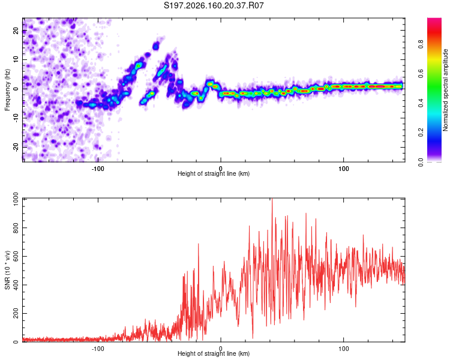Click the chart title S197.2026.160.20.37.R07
214,5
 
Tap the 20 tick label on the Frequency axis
16,30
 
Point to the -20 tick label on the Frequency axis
16,147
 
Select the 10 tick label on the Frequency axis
16,59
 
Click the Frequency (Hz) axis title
7,90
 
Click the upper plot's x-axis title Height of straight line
214,173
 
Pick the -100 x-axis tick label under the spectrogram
98,169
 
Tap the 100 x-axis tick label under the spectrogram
344,169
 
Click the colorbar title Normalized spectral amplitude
445,90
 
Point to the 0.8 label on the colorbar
421,44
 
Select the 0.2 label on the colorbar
421,133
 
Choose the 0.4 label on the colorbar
421,103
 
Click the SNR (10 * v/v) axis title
7,270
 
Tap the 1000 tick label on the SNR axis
16,199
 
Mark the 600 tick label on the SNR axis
16,256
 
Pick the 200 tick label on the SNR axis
16,313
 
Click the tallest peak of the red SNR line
272,199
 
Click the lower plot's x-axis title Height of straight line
214,353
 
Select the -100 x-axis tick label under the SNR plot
98,349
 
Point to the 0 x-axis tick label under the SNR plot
221,349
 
